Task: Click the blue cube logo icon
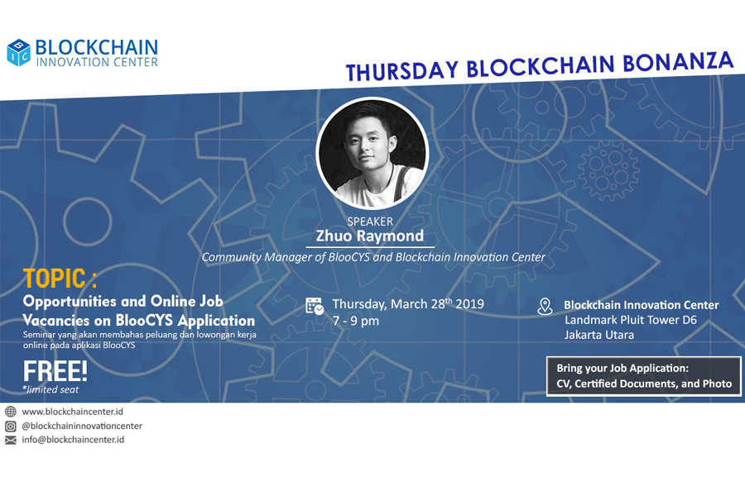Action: pyautogui.click(x=18, y=52)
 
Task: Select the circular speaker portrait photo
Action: pyautogui.click(x=372, y=153)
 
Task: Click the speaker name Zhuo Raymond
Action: pyautogui.click(x=370, y=236)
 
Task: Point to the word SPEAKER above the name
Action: pyautogui.click(x=370, y=222)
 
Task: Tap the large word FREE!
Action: pyautogui.click(x=55, y=370)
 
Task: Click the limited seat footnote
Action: pyautogui.click(x=50, y=389)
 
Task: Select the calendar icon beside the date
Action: pyautogui.click(x=315, y=306)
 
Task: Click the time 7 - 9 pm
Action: pyautogui.click(x=356, y=321)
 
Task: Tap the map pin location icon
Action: pyautogui.click(x=545, y=307)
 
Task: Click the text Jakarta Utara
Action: pyautogui.click(x=599, y=335)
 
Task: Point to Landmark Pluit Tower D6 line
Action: pyautogui.click(x=631, y=320)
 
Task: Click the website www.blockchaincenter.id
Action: pyautogui.click(x=72, y=412)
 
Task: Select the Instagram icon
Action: pyautogui.click(x=11, y=427)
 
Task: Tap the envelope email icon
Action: pyautogui.click(x=11, y=440)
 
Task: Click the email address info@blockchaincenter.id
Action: pyautogui.click(x=73, y=440)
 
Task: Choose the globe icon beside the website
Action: pyautogui.click(x=11, y=412)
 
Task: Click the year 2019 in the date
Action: pyautogui.click(x=469, y=304)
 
